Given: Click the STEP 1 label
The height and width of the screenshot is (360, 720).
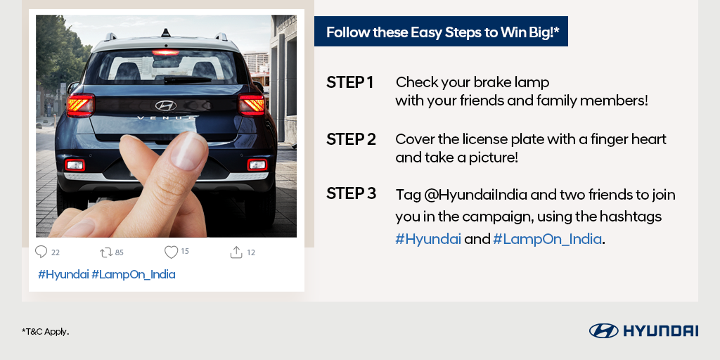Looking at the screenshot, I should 349,82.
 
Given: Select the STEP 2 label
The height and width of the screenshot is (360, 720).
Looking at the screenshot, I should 351,139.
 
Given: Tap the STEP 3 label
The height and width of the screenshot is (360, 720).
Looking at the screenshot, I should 351,193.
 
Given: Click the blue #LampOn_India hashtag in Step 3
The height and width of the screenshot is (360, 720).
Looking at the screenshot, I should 548,239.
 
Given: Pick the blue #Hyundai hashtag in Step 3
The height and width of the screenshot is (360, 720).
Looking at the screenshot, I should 427,239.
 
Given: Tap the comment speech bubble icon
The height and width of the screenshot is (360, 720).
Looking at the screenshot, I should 41,252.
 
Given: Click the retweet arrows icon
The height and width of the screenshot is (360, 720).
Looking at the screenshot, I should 106,252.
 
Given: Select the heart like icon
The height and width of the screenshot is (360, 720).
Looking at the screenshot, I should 171,252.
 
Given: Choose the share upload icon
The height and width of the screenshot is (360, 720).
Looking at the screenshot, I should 236,252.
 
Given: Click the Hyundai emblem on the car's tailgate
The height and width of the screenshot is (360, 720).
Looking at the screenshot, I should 166,105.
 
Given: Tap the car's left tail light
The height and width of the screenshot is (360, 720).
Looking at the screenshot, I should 79,105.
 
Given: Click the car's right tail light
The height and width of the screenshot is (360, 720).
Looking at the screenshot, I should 252,105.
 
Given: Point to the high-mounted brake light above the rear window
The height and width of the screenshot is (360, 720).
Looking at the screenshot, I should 166,52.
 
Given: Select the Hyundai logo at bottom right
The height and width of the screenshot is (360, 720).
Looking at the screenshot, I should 643,330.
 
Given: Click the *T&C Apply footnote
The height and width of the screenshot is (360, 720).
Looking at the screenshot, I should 45,331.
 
